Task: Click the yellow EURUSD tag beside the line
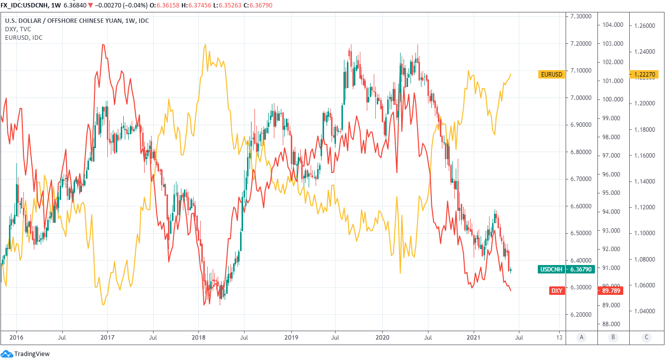tap(552, 75)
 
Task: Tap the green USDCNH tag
tap(552, 270)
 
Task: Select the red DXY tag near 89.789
tap(557, 290)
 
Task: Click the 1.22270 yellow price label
tap(645, 75)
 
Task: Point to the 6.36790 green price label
tap(581, 270)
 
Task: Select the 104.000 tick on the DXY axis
tap(613, 25)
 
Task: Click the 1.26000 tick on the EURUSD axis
tap(645, 25)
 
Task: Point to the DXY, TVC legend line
tap(18, 29)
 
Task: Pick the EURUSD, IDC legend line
tap(24, 37)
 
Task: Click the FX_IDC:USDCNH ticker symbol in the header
tap(24, 4)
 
